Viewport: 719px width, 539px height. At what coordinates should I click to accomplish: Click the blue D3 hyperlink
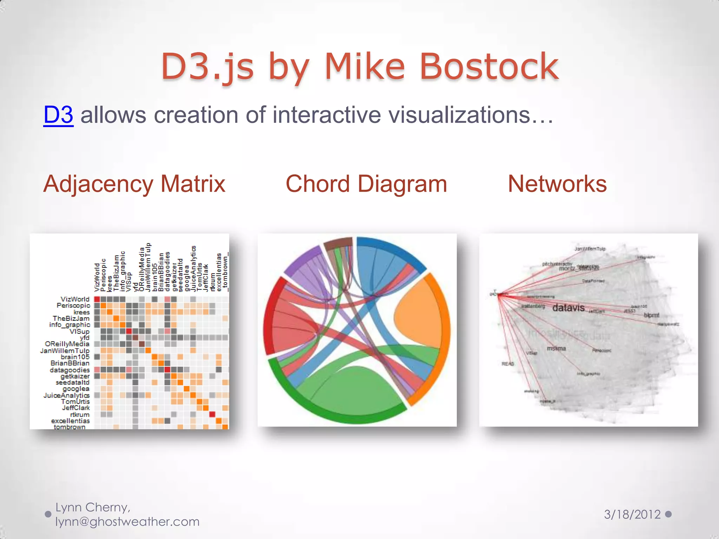click(x=58, y=115)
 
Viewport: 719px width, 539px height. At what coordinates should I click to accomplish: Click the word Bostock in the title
click(x=489, y=67)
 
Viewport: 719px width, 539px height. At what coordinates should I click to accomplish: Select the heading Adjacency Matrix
click(x=134, y=184)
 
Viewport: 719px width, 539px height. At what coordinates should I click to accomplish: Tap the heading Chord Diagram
click(x=366, y=184)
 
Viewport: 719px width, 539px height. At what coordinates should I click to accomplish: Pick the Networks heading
click(x=557, y=184)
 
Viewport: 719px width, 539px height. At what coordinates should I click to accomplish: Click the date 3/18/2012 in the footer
click(x=632, y=514)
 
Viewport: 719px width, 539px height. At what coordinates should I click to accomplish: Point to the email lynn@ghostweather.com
click(x=127, y=522)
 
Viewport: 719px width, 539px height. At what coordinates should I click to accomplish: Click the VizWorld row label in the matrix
click(x=75, y=299)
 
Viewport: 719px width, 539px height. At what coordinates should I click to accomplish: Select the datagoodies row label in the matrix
click(x=70, y=370)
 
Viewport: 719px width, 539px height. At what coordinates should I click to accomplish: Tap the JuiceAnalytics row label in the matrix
click(x=66, y=395)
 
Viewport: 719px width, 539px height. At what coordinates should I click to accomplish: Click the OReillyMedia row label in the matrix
click(x=67, y=344)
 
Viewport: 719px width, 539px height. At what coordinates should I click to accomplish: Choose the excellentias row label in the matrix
click(x=70, y=421)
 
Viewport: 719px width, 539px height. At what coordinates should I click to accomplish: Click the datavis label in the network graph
click(x=568, y=308)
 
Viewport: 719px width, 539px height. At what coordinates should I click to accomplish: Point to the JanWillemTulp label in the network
click(x=590, y=249)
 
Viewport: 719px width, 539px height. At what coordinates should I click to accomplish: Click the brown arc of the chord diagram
click(x=338, y=242)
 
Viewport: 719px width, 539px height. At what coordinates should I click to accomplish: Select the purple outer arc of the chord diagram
click(x=301, y=260)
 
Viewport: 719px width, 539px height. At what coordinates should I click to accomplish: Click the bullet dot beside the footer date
click(x=668, y=514)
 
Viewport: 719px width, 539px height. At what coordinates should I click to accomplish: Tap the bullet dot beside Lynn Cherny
click(x=48, y=514)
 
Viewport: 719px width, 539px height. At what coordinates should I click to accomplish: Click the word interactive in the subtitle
click(x=326, y=115)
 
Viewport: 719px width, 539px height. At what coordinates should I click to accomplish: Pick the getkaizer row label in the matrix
click(x=75, y=376)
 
